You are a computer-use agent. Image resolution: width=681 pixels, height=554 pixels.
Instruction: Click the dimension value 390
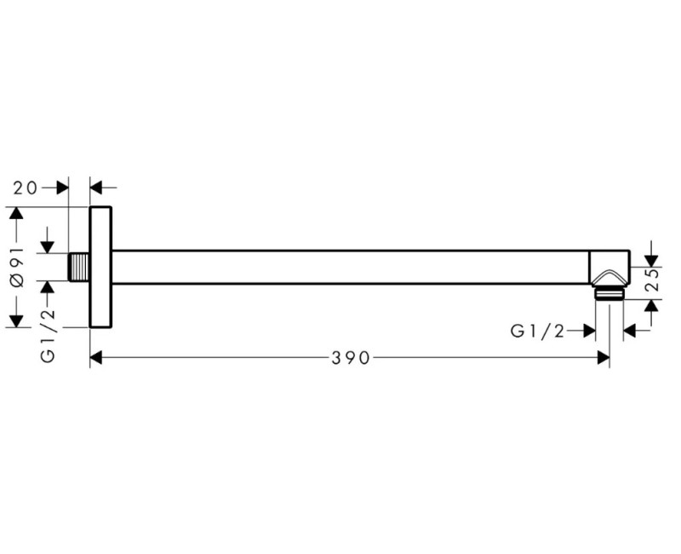(351, 358)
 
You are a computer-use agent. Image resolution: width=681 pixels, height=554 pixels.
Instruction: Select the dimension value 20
(26, 188)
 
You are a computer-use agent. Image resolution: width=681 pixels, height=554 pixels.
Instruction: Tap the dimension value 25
(652, 280)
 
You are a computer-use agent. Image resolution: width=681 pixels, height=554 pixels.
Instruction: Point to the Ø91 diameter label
(18, 267)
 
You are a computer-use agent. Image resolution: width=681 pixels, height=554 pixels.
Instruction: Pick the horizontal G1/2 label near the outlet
(538, 332)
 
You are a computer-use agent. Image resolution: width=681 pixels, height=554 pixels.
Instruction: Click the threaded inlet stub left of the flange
(79, 267)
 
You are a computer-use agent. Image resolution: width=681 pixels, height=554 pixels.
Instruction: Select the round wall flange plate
(100, 267)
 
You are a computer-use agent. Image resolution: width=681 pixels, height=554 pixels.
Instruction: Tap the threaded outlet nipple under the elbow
(609, 294)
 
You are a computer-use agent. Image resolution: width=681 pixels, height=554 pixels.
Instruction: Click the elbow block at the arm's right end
(609, 268)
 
